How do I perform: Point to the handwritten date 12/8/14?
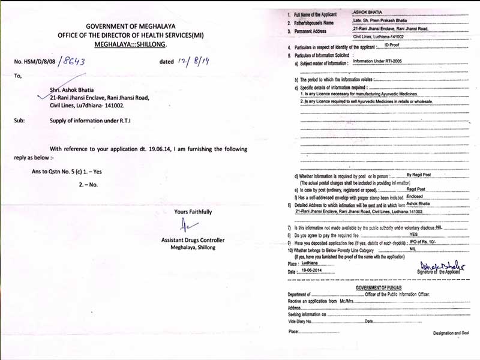[x=194, y=61]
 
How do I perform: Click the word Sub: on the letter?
[x=20, y=120]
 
